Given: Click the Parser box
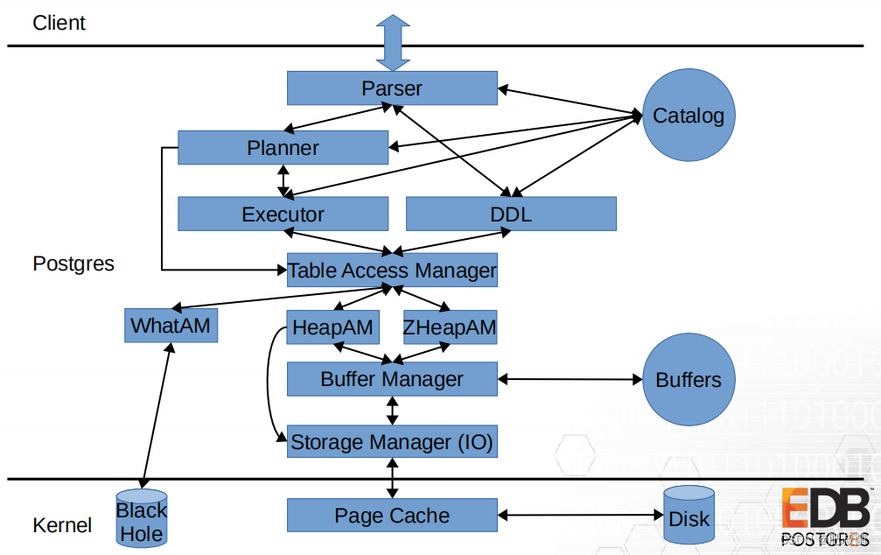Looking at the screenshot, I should [392, 88].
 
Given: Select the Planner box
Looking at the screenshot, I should [283, 148].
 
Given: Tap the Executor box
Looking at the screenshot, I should [283, 214].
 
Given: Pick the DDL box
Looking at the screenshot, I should [511, 214].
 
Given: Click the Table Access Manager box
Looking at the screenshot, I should [392, 270].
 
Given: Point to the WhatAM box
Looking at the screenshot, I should [171, 326].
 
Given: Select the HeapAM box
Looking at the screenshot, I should [333, 328].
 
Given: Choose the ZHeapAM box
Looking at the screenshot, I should [450, 328].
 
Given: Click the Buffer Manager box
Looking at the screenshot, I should [392, 379].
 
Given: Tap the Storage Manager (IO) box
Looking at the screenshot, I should [392, 441].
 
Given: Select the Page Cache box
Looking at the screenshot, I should [392, 516].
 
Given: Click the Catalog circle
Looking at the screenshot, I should [689, 116].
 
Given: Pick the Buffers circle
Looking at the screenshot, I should [689, 379].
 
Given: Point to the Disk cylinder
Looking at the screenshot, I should [689, 518].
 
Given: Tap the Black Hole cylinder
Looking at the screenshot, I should [142, 520].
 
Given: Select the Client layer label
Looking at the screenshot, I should [59, 23].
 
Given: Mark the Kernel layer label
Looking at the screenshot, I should [62, 525].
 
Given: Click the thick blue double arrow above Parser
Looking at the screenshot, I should [392, 42].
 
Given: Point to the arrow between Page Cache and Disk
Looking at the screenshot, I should [580, 516].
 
